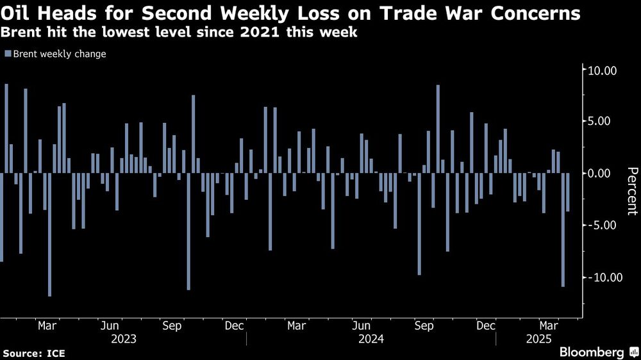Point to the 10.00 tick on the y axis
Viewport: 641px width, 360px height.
(x=602, y=70)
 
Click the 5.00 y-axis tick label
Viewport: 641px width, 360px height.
(x=604, y=121)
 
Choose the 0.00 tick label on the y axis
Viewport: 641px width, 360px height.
(x=604, y=173)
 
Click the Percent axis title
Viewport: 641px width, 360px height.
(x=631, y=190)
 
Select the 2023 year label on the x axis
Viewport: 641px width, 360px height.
(x=124, y=338)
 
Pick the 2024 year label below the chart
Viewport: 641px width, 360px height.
(x=371, y=338)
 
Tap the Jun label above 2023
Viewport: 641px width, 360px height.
(x=110, y=326)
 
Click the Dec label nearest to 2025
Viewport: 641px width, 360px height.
(x=487, y=326)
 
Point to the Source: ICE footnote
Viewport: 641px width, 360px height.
(x=33, y=353)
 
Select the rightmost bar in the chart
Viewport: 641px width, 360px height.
(x=568, y=192)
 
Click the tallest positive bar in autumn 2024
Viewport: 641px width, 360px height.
(x=438, y=129)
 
